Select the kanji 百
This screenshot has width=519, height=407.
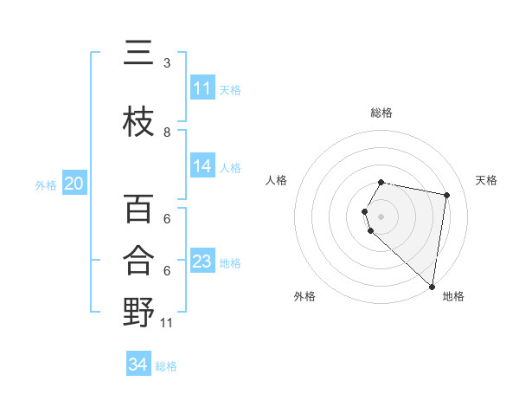(x=138, y=210)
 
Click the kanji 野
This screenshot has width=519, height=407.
(x=138, y=310)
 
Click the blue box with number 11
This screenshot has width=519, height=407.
(x=202, y=88)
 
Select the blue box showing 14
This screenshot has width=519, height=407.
(x=202, y=166)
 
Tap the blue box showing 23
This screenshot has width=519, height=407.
(x=202, y=262)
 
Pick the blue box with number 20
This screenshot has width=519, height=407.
(x=74, y=184)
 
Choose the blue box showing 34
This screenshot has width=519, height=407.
(x=138, y=365)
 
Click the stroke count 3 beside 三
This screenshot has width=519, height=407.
(x=167, y=63)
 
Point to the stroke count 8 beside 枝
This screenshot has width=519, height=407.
(x=167, y=132)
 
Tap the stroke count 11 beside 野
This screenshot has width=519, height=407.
(x=168, y=323)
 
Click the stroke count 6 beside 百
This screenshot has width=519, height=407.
(x=167, y=219)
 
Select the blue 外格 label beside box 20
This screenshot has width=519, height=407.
(x=46, y=184)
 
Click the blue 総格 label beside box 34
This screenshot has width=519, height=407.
(x=166, y=366)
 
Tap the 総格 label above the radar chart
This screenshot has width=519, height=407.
(x=381, y=113)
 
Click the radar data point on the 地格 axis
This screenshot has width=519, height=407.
(x=432, y=285)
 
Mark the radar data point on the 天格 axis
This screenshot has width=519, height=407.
(x=446, y=196)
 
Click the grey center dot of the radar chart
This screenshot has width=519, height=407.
(x=381, y=216)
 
